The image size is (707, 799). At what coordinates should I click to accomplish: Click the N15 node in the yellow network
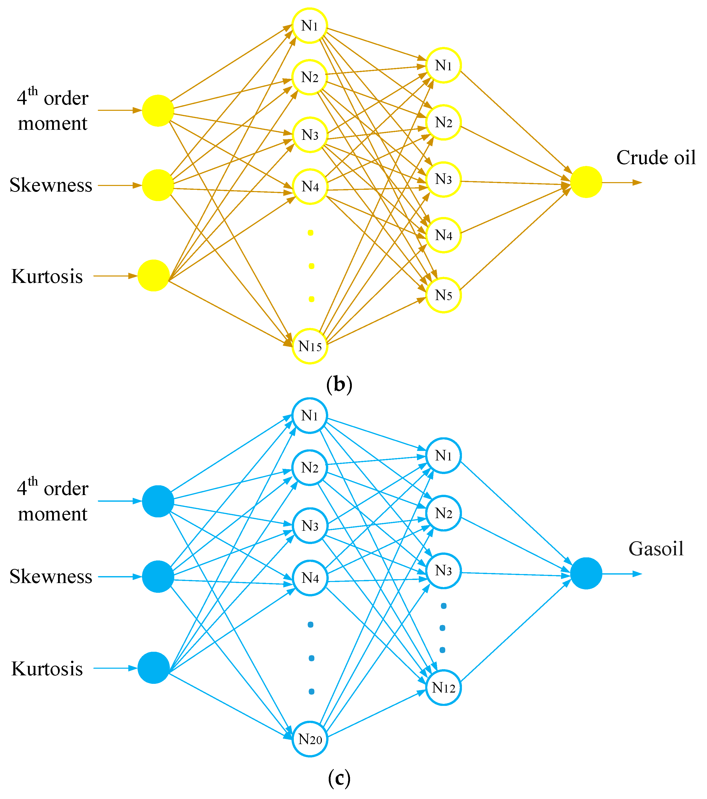tap(310, 346)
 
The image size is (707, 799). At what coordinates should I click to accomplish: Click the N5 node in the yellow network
tap(443, 295)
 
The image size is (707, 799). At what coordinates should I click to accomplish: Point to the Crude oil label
tap(656, 157)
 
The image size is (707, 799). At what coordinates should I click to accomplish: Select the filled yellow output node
tap(586, 182)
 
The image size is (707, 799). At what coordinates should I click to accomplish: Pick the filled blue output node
tap(586, 574)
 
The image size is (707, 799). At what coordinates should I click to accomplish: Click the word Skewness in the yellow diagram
tap(51, 185)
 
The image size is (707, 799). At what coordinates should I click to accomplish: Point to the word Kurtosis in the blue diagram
tap(47, 669)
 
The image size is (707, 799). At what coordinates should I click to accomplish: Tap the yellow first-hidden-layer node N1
tap(310, 25)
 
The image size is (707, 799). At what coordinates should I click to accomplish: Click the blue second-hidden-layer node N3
tap(443, 571)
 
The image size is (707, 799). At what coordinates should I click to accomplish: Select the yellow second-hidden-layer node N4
tap(443, 235)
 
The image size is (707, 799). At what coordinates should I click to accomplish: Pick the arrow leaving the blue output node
tap(622, 574)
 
